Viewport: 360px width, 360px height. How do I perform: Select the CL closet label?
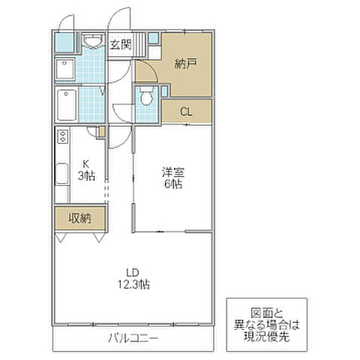[187, 112]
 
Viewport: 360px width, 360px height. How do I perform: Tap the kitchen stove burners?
[61, 137]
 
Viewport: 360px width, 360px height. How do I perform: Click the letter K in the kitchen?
[85, 163]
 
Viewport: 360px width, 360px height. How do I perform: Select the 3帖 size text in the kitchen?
[85, 175]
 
